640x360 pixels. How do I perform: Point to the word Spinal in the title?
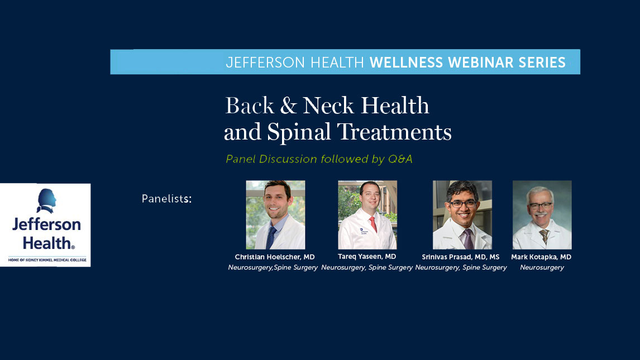click(299, 132)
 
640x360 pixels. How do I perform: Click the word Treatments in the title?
click(394, 132)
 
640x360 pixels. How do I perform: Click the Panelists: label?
click(166, 199)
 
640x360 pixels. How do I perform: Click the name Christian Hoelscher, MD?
click(275, 257)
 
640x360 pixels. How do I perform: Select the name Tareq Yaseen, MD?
click(367, 257)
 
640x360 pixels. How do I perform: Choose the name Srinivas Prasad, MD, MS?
click(461, 257)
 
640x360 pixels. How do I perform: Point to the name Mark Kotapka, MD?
click(542, 257)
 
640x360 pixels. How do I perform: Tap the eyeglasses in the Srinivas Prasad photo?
click(462, 204)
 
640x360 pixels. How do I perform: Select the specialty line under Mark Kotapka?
click(542, 268)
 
